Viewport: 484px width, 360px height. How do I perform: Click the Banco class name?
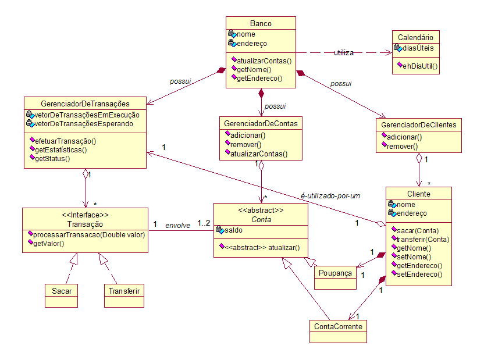261,23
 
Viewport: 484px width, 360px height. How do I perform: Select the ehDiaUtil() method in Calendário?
420,66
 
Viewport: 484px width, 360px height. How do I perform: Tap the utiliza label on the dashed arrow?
344,53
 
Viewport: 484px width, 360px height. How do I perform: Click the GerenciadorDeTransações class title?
85,104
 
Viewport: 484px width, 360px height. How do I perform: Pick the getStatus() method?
52,159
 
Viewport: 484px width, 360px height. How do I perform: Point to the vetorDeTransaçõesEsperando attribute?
84,124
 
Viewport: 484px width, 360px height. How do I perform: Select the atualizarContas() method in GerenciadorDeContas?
259,154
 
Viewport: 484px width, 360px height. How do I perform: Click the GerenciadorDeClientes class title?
419,125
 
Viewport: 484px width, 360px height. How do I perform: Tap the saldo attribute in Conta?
233,230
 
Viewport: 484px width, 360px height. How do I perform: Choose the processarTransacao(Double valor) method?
89,235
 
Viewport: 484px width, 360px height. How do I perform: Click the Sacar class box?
62,295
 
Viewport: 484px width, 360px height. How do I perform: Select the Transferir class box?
124,295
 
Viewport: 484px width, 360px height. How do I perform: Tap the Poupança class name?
335,273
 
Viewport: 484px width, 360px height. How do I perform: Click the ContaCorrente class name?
338,326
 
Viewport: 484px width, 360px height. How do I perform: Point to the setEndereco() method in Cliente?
419,275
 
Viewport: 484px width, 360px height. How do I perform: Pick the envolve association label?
178,226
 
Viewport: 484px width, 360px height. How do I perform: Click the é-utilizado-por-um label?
330,196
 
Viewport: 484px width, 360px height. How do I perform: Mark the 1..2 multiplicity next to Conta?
204,223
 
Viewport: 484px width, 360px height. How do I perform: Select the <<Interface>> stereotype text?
85,215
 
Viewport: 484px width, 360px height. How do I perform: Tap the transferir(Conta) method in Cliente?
423,240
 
